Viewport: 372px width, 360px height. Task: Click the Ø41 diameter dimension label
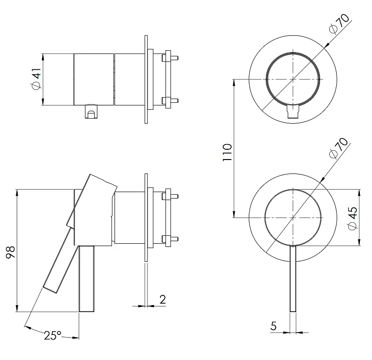coord(36,79)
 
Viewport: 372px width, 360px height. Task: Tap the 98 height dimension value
coord(11,252)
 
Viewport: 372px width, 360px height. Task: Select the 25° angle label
coord(53,335)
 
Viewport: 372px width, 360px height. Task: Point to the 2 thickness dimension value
coord(162,300)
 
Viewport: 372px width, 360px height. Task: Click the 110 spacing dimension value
coord(227,153)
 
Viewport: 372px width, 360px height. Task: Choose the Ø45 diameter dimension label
coord(352,218)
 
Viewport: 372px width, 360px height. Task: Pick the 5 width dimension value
coord(273,326)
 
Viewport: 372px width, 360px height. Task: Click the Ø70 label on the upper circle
coord(339,23)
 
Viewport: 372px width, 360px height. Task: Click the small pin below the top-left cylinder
coord(91,111)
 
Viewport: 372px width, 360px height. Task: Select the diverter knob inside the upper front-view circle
coord(293,111)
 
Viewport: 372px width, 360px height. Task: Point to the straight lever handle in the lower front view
coord(293,279)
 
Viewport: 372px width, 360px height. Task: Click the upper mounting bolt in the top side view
coord(170,58)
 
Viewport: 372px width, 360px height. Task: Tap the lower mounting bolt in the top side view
coord(170,100)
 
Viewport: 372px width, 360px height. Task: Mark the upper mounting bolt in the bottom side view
coord(170,196)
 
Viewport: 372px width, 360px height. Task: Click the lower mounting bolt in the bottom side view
coord(170,239)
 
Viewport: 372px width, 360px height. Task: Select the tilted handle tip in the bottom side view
coord(50,289)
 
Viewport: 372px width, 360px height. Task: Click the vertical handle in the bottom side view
coord(86,279)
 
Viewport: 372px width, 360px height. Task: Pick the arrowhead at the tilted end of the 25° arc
coord(27,328)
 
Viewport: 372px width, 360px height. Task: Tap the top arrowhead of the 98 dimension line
coord(17,192)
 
